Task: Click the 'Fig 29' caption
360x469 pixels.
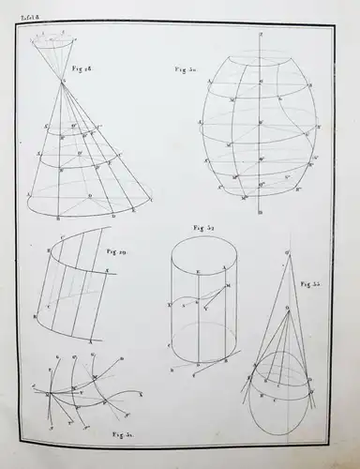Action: click(x=118, y=252)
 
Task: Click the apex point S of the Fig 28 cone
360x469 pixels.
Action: click(x=63, y=83)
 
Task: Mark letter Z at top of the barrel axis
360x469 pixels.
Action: click(x=259, y=32)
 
